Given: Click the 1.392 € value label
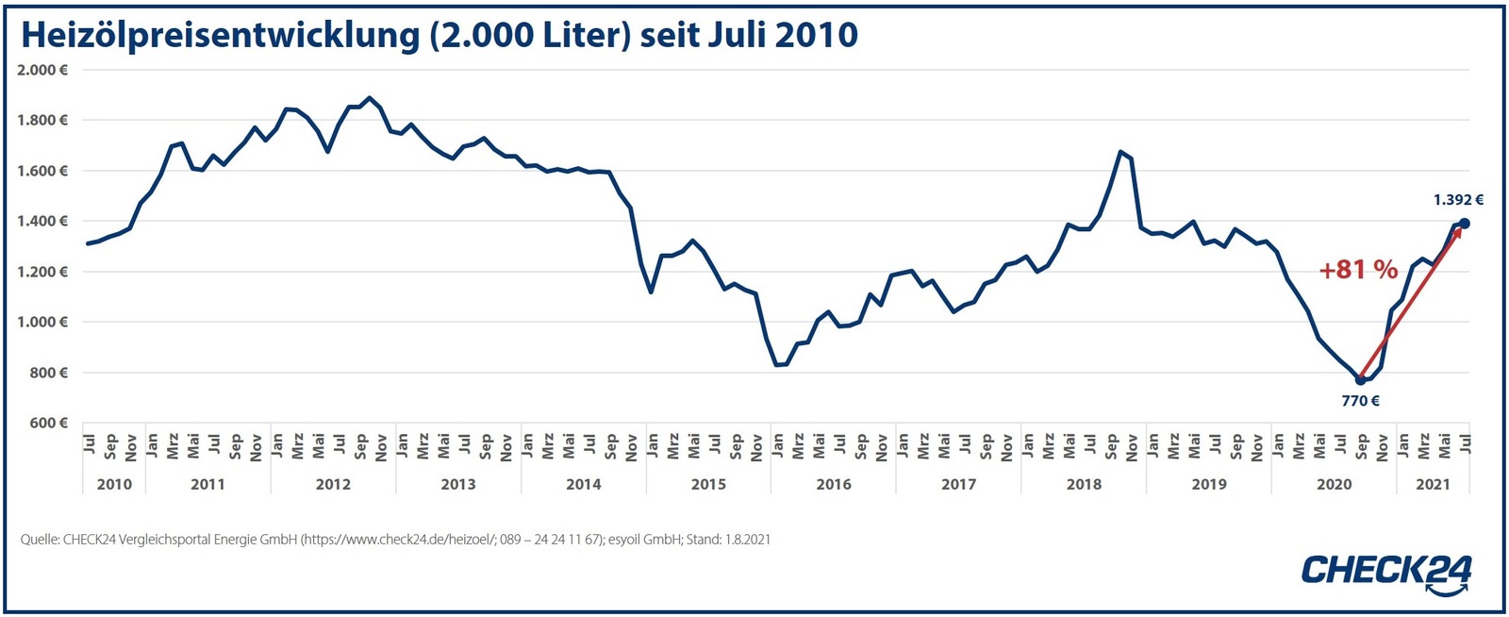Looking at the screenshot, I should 1458,200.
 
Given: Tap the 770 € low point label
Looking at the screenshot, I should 1360,401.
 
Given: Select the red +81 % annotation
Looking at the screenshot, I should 1358,270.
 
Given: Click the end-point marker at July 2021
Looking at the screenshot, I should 1464,224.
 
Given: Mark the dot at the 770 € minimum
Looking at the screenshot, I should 1360,379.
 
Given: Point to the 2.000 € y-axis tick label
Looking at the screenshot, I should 42,70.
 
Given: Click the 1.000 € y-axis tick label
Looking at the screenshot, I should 42,322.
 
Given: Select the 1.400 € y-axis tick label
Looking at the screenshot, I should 42,221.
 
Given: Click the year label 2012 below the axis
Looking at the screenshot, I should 333,484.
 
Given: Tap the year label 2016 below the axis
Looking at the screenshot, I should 833,484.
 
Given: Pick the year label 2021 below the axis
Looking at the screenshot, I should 1433,484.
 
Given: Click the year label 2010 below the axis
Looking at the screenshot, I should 114,484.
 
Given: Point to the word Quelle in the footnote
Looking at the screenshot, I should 39,540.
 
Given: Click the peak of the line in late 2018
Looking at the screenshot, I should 1119,151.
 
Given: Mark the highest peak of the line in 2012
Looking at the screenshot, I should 369,97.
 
